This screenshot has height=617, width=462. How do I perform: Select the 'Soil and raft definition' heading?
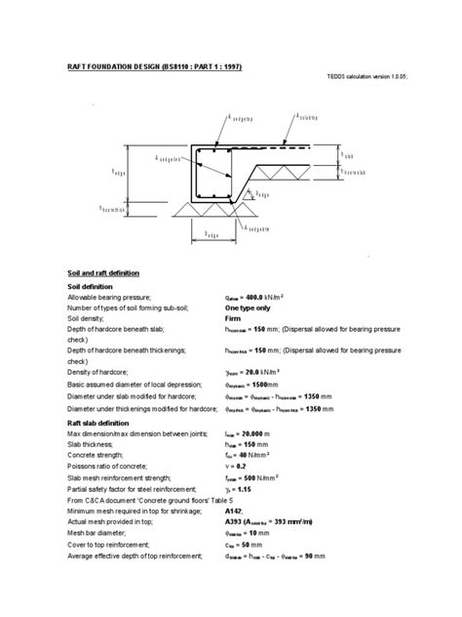(103, 272)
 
